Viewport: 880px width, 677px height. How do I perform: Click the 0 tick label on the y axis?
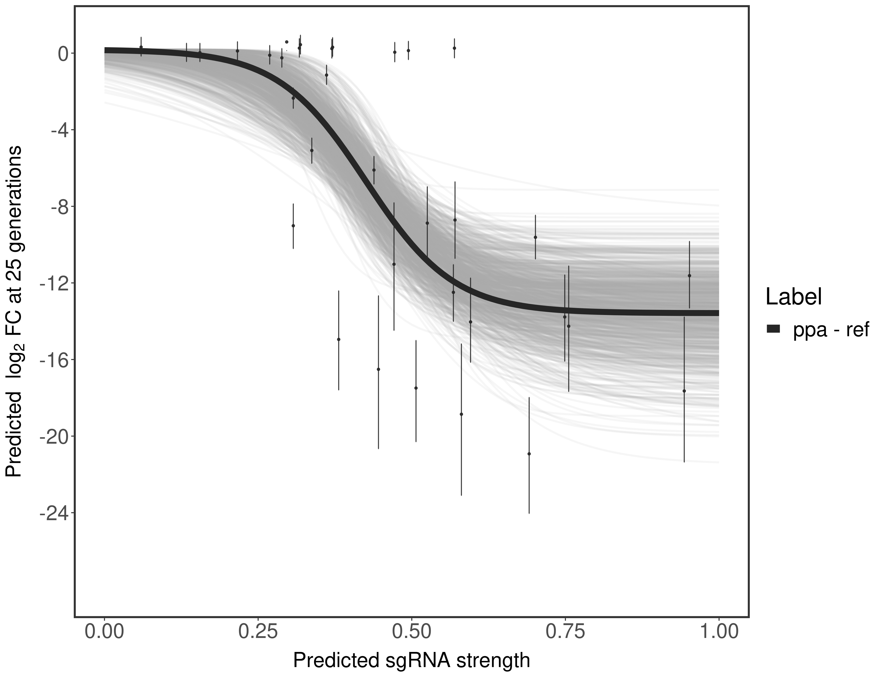(63, 54)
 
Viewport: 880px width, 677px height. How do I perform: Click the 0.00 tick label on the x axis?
(105, 631)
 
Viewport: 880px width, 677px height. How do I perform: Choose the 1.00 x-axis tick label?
(718, 631)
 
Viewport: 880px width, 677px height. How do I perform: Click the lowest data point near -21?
(529, 454)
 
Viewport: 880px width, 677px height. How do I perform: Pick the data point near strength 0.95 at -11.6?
(689, 276)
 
